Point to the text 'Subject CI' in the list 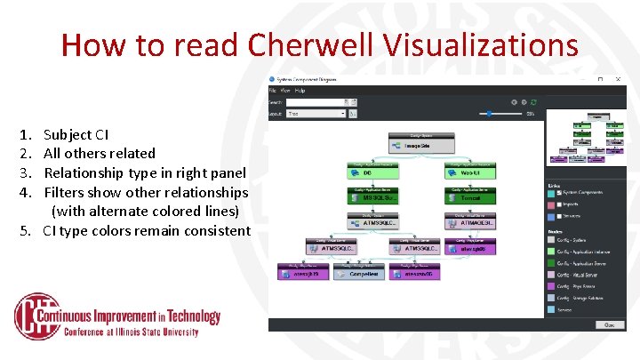(x=76, y=135)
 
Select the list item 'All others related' (x=99, y=154)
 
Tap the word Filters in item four (x=66, y=192)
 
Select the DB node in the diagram (x=371, y=172)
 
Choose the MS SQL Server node (x=371, y=197)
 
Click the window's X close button (x=618, y=79)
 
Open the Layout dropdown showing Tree (x=316, y=114)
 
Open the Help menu (x=300, y=91)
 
